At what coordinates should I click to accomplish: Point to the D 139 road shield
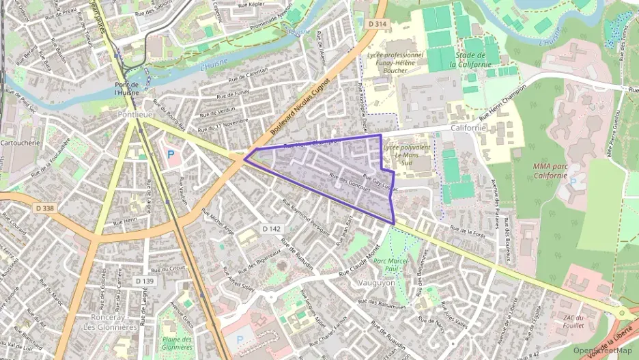[x=143, y=281]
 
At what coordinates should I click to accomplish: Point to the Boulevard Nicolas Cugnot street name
[x=300, y=107]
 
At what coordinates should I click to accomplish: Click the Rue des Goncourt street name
[x=349, y=182]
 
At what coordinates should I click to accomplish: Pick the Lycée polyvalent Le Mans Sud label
[x=407, y=156]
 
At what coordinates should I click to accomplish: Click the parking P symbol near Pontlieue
[x=170, y=154]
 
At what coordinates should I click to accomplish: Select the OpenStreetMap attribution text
[x=602, y=350]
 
